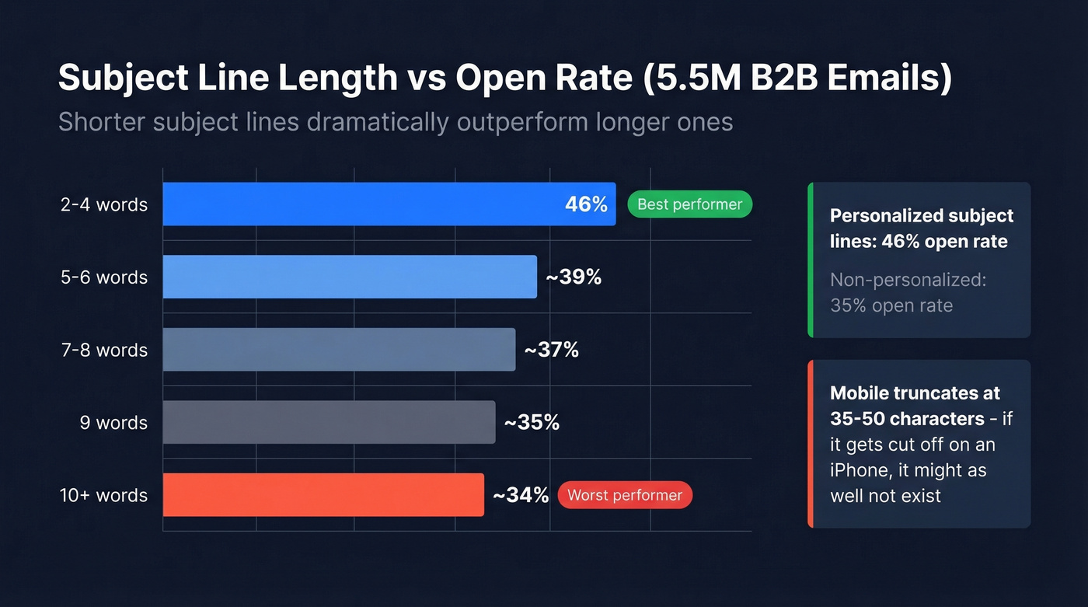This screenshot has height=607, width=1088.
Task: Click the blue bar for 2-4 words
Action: (x=389, y=204)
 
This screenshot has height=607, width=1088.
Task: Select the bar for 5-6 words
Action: (x=350, y=277)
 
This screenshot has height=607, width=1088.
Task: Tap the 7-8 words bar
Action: (x=339, y=350)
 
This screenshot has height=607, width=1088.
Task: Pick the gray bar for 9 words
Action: (x=329, y=422)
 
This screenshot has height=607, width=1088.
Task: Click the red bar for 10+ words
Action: (x=323, y=495)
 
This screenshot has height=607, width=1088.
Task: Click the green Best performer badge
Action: (x=689, y=204)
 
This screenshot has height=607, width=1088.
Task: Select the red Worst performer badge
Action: (x=624, y=495)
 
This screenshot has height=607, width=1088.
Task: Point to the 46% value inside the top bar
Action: (x=586, y=204)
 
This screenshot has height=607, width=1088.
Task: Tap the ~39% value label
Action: (x=574, y=277)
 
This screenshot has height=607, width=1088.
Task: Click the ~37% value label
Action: (x=551, y=350)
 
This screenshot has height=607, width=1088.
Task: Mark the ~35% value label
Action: (x=532, y=422)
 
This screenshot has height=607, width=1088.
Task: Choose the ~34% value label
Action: (x=521, y=495)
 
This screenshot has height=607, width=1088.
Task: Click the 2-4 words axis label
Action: (x=104, y=205)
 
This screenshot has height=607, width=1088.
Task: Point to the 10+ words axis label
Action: (x=103, y=495)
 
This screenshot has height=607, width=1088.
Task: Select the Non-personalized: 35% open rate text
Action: (x=907, y=292)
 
